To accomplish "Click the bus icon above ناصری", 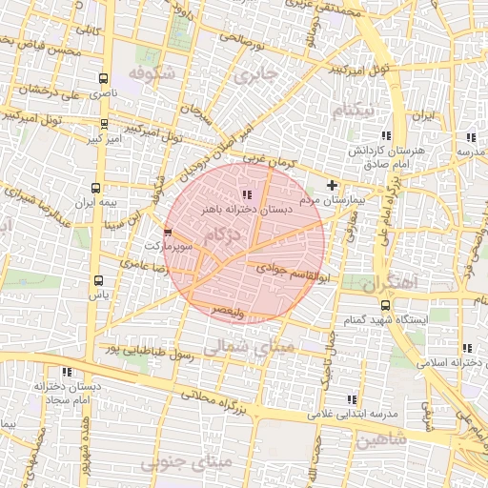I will click(x=103, y=79).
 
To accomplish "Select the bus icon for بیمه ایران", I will click(x=95, y=188).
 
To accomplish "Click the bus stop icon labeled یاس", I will click(x=99, y=280).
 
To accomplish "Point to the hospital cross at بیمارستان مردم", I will click(x=332, y=185).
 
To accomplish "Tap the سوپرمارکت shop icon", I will click(x=169, y=232).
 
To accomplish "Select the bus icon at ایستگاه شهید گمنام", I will click(x=385, y=305).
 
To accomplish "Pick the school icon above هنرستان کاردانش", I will click(x=386, y=135).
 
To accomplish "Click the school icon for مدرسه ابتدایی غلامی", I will click(x=352, y=399).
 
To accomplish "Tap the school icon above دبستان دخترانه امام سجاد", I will click(x=66, y=372).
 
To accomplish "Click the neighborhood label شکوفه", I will click(x=154, y=73).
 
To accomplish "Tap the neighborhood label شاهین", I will click(x=383, y=438).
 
